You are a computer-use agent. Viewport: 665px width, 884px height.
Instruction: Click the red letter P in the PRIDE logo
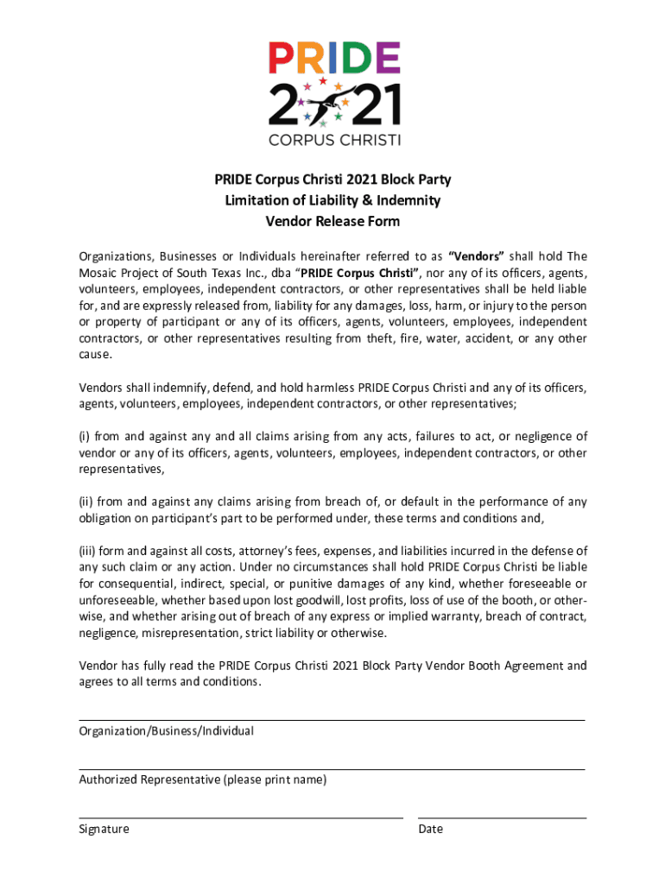click(x=281, y=59)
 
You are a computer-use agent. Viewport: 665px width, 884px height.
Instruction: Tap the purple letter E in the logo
click(x=385, y=59)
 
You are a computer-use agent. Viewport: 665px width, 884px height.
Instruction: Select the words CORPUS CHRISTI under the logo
click(x=334, y=139)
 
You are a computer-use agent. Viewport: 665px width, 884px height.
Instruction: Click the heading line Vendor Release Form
click(x=332, y=221)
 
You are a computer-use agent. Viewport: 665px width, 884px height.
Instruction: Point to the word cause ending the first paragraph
click(x=95, y=355)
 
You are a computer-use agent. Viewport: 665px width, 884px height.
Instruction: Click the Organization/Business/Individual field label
click(x=167, y=731)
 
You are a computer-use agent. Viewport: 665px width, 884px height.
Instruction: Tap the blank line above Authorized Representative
click(x=332, y=768)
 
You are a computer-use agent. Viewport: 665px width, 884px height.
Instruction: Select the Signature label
click(x=104, y=829)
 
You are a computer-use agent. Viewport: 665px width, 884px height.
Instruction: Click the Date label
click(x=430, y=829)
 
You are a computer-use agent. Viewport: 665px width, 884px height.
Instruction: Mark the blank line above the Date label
click(x=502, y=817)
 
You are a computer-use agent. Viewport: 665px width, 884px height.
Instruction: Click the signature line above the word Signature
click(x=241, y=817)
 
